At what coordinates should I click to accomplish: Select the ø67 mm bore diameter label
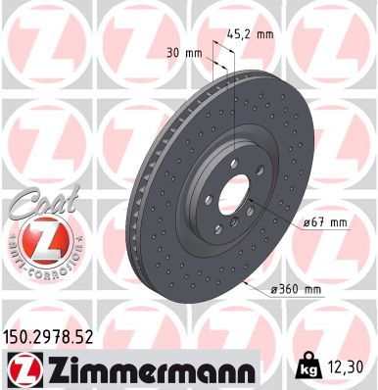point(324,223)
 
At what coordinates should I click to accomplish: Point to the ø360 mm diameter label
point(297,290)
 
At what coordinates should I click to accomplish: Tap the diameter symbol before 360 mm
point(273,290)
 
